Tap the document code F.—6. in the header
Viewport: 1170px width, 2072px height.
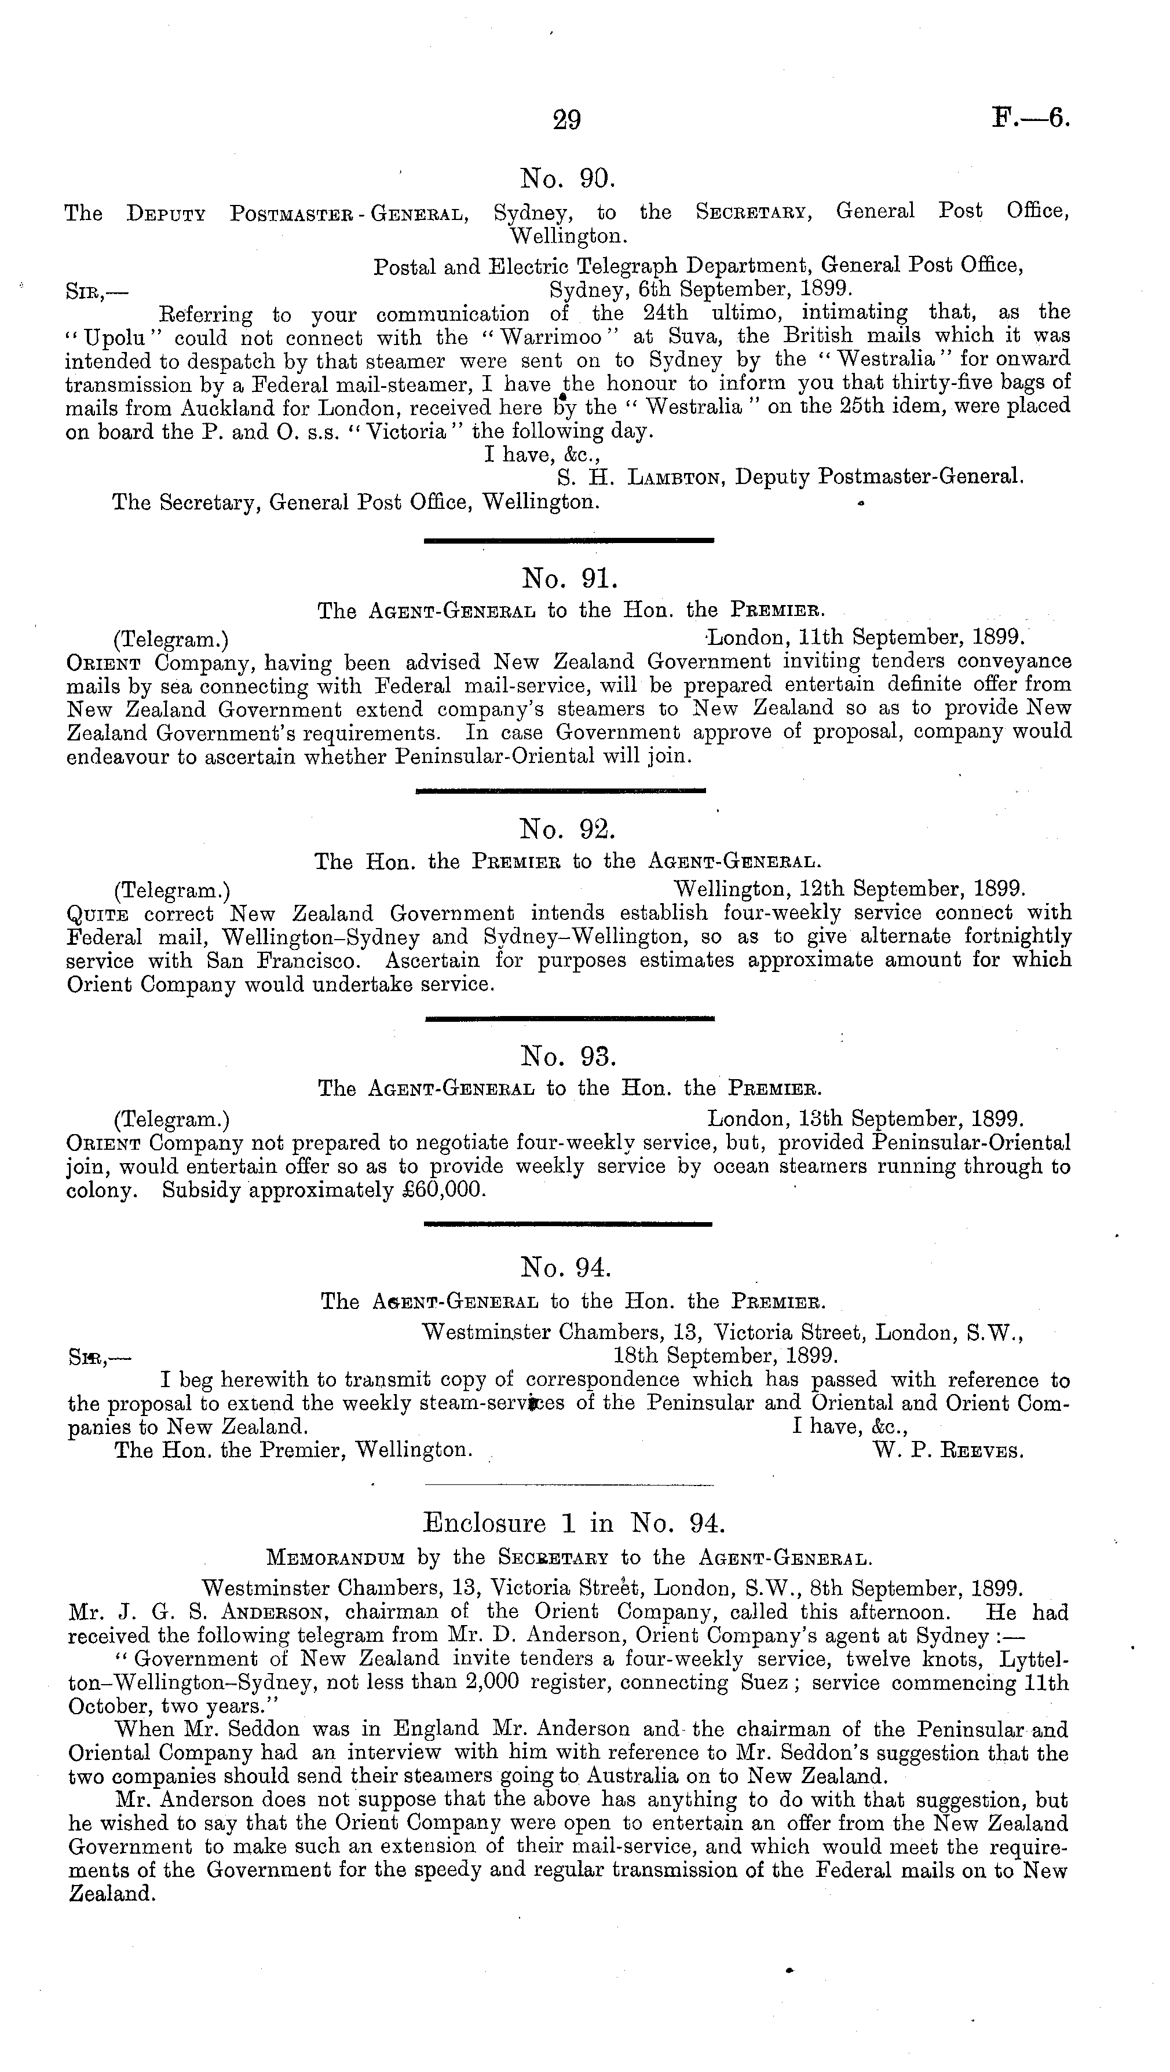[1031, 119]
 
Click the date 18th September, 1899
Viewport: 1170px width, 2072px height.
[726, 1355]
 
